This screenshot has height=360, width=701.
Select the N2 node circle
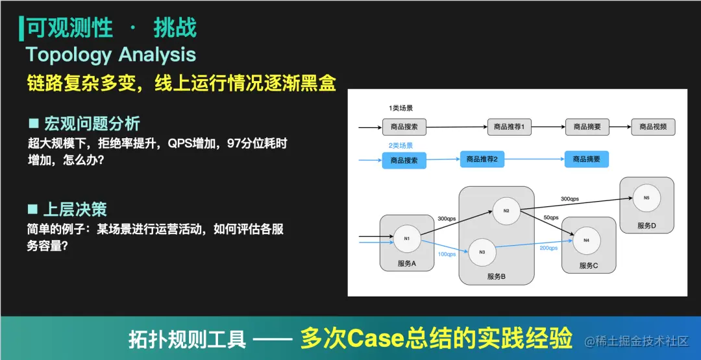pyautogui.click(x=506, y=210)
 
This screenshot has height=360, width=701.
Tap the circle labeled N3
pyautogui.click(x=482, y=252)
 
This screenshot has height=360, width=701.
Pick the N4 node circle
pyautogui.click(x=586, y=241)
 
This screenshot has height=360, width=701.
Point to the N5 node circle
pyautogui.click(x=646, y=198)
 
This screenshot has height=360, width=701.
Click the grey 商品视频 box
pyautogui.click(x=653, y=127)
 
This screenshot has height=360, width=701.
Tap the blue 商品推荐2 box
pyautogui.click(x=482, y=159)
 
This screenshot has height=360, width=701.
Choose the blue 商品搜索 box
pyautogui.click(x=404, y=160)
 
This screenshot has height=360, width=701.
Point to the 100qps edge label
pyautogui.click(x=447, y=254)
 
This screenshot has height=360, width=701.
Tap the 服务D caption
pyautogui.click(x=646, y=226)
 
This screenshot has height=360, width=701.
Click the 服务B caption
pyautogui.click(x=496, y=277)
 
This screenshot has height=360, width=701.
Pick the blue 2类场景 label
pyautogui.click(x=400, y=146)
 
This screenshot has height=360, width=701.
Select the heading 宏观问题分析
pyautogui.click(x=92, y=123)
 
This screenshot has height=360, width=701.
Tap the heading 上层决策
pyautogui.click(x=75, y=210)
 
